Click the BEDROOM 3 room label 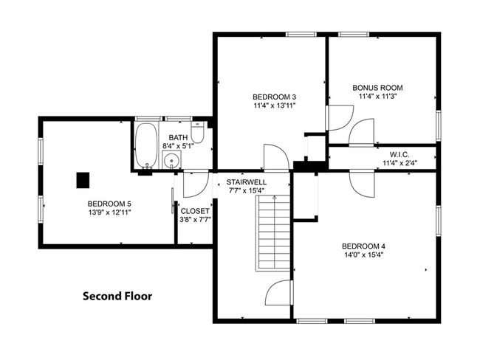pyautogui.click(x=274, y=97)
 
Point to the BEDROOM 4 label pyautogui.click(x=363, y=246)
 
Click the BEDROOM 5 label pyautogui.click(x=109, y=203)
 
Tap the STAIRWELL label pyautogui.click(x=246, y=181)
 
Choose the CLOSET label pyautogui.click(x=195, y=211)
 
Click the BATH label pyautogui.click(x=178, y=137)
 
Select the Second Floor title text pyautogui.click(x=117, y=297)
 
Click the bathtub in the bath pyautogui.click(x=145, y=145)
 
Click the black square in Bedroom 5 pyautogui.click(x=83, y=179)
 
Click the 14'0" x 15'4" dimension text pyautogui.click(x=363, y=255)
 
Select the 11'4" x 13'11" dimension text pyautogui.click(x=274, y=106)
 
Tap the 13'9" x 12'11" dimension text pyautogui.click(x=109, y=212)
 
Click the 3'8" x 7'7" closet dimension pyautogui.click(x=195, y=220)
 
